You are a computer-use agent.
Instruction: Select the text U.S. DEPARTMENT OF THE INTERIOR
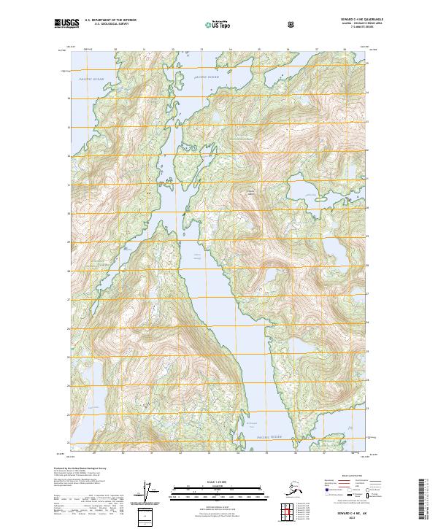(x=110, y=20)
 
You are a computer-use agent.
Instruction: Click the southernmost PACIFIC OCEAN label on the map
(x=269, y=437)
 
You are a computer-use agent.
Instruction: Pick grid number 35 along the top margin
(x=259, y=50)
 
